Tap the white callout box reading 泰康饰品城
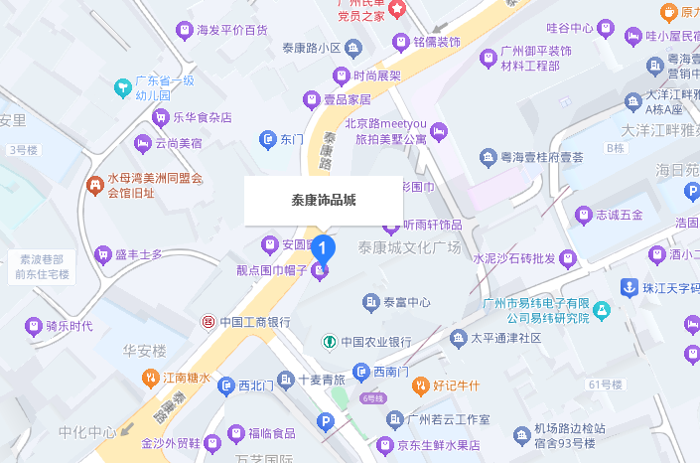pos(324,200)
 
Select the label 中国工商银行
pos(254,322)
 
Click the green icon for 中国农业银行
pos(329,342)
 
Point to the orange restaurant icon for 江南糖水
pos(150,378)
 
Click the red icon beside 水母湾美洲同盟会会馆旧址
pos(94,185)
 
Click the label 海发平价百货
pos(232,31)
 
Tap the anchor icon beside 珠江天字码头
pos(628,287)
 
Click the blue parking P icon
pos(324,423)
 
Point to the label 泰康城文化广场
pos(410,245)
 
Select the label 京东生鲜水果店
pos(440,446)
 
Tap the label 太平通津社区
pos(505,338)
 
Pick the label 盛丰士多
pos(138,254)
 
